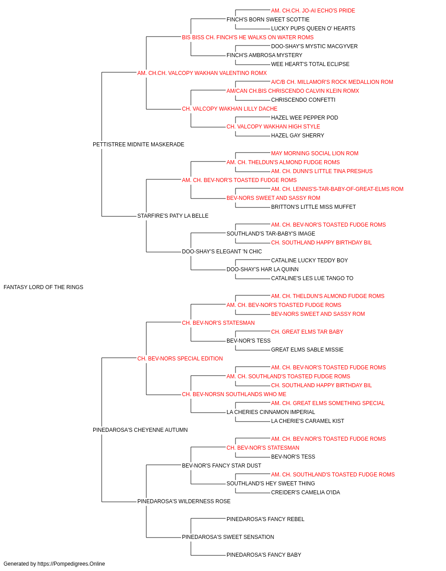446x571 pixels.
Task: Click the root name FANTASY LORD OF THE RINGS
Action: pos(43,287)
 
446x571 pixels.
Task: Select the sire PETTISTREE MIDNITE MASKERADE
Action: pos(138,145)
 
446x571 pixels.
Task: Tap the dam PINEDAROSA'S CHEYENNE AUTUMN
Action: pos(140,430)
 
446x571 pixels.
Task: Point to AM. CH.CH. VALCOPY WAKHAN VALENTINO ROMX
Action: pos(202,73)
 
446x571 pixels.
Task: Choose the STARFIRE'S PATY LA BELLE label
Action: pos(173,216)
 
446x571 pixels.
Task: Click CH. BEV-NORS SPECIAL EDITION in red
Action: pos(180,358)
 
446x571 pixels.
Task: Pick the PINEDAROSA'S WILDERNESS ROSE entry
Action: pos(184,501)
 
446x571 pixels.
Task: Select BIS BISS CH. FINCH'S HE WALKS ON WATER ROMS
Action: pos(248,37)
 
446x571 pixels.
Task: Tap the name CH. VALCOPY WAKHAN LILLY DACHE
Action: pos(230,109)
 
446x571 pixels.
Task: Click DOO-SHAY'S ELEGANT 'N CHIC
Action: pos(222,252)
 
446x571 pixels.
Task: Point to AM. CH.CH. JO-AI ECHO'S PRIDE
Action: pos(313,11)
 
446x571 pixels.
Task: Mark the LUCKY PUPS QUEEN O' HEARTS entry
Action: pos(313,29)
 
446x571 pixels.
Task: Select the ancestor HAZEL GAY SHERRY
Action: pos(297,136)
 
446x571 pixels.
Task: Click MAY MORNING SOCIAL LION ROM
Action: pos(315,153)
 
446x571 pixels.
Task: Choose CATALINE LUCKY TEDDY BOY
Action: pos(310,261)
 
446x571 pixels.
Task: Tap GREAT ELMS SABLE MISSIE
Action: pos(307,349)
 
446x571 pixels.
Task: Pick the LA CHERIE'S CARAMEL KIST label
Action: pos(308,421)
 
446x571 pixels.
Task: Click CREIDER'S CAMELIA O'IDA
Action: pos(306,492)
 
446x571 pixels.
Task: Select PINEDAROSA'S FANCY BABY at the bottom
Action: pos(264,554)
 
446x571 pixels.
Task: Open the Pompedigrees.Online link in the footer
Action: pos(71,564)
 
